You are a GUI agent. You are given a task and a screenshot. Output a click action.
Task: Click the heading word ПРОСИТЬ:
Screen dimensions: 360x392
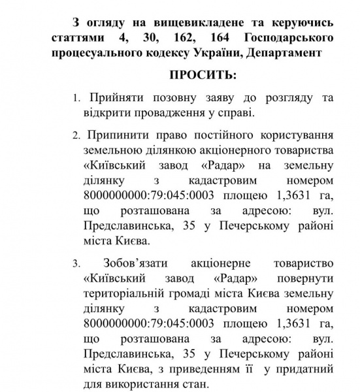tap(203, 74)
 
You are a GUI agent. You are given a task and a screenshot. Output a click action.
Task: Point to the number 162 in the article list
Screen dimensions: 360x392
tap(171, 31)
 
